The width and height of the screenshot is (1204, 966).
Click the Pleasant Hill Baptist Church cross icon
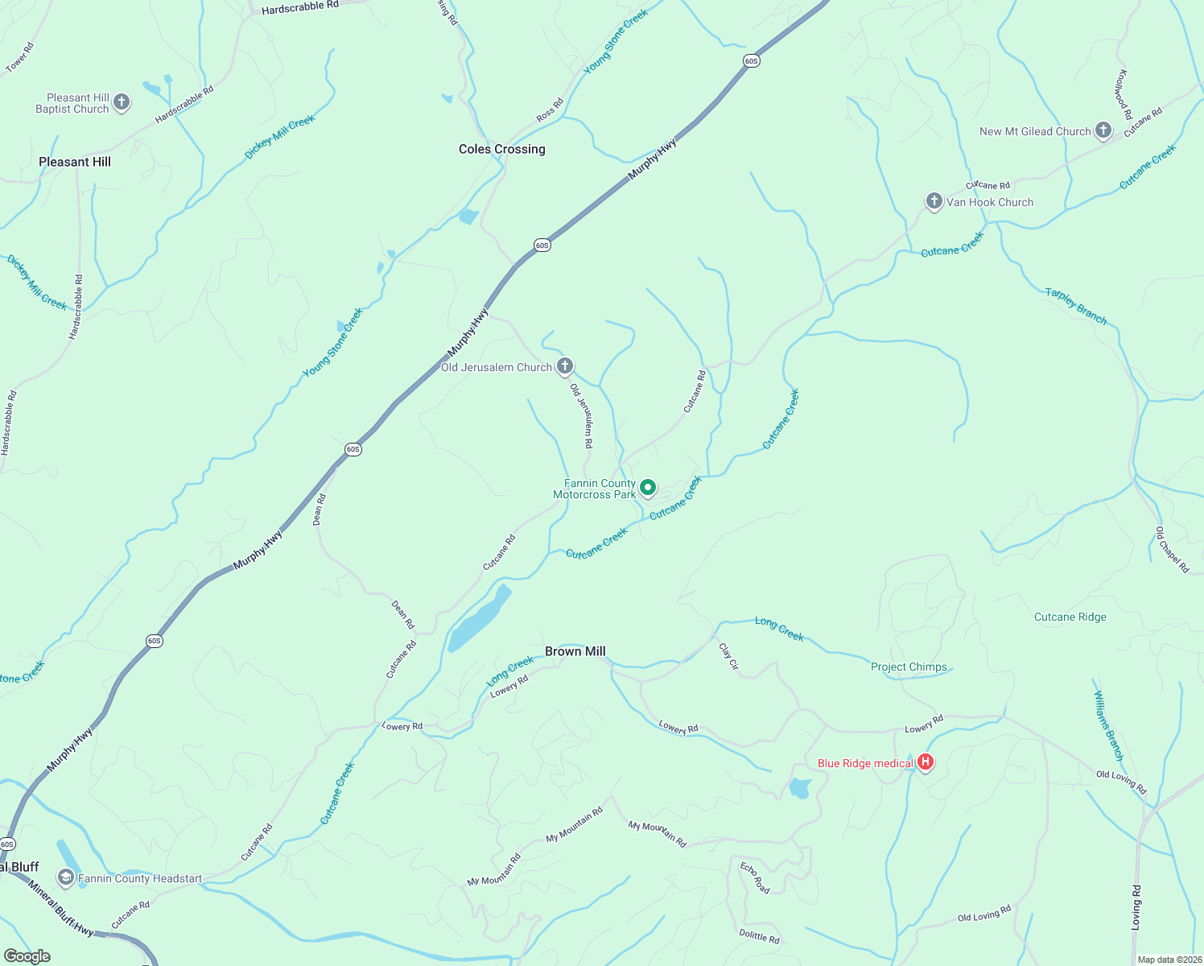click(x=122, y=102)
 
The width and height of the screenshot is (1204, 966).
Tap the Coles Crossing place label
click(x=501, y=149)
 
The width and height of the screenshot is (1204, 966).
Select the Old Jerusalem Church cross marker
click(x=565, y=367)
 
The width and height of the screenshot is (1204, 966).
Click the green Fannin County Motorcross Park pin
click(x=648, y=488)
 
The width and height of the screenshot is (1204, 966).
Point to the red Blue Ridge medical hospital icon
click(x=926, y=762)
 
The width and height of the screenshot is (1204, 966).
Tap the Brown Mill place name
click(x=575, y=651)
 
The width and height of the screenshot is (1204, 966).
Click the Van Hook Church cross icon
click(x=934, y=201)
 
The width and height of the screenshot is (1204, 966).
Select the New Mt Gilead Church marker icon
click(x=1103, y=130)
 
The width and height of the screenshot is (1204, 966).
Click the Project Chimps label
click(x=909, y=667)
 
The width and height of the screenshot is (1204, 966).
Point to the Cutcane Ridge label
click(x=1070, y=617)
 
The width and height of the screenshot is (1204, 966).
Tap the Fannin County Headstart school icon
click(x=66, y=877)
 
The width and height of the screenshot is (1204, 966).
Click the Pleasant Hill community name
click(x=75, y=162)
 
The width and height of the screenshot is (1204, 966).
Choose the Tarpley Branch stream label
click(x=1075, y=306)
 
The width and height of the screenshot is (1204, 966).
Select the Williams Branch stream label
click(x=1108, y=725)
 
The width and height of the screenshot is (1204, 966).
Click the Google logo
click(x=27, y=956)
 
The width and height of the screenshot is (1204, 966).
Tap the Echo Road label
click(x=755, y=877)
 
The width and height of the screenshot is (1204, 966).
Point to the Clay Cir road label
click(x=728, y=656)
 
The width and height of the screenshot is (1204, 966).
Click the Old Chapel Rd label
click(x=1172, y=550)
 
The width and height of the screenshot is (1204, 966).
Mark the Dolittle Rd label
click(x=759, y=937)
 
